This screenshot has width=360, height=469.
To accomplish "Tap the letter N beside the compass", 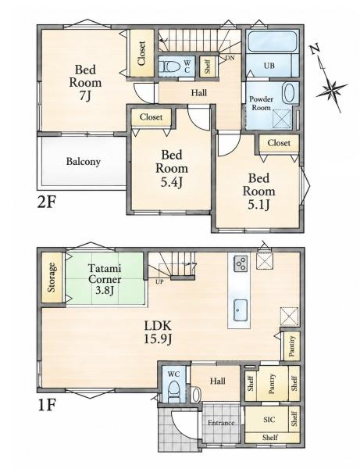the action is tap(315, 49).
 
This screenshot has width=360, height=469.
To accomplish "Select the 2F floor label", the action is tap(47, 202).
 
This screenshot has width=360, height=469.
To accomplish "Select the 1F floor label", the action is tap(47, 405).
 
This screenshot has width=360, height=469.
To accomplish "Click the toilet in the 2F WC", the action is tap(168, 66).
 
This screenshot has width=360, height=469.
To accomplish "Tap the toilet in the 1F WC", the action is tap(173, 390).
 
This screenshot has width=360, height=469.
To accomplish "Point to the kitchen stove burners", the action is tap(241, 263).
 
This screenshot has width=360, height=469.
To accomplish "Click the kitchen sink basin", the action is tap(241, 310).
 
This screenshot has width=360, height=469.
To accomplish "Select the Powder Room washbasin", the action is tap(289, 93).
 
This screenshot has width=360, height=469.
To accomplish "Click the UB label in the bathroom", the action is tap(269, 65).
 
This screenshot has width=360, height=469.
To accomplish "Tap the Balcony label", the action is tap(83, 162).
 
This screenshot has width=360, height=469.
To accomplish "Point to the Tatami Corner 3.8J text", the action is tap(105, 279).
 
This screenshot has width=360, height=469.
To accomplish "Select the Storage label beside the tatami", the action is tap(52, 277).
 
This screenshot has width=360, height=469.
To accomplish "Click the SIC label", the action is tap(269, 420).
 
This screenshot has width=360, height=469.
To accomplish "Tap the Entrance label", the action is tap(221, 423).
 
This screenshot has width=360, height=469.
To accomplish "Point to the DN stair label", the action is tap(230, 58).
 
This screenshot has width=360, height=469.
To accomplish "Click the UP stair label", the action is tap(159, 281).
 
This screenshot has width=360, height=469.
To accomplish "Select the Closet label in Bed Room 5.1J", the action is tap(279, 143).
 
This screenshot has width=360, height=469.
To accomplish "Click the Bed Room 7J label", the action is tap(85, 83).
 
